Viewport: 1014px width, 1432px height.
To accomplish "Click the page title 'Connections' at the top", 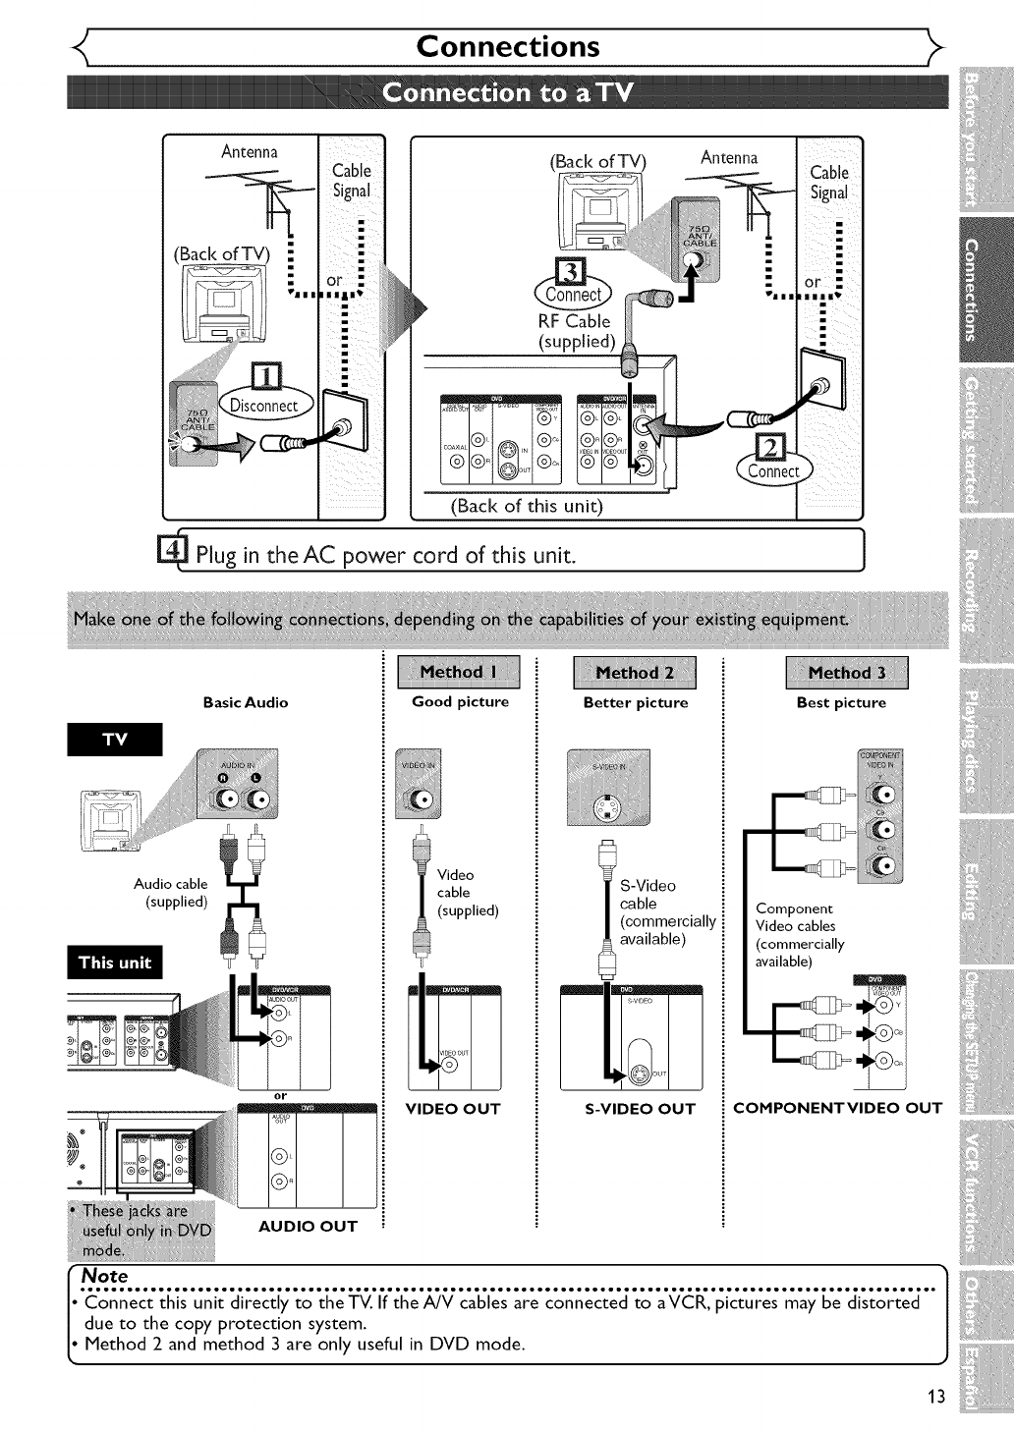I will pyautogui.click(x=507, y=47).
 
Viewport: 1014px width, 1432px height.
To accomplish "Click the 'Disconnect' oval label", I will pyautogui.click(x=263, y=406).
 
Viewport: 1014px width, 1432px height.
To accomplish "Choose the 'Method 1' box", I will pyautogui.click(x=458, y=673).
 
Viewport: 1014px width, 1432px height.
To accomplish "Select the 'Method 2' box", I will pyautogui.click(x=635, y=673).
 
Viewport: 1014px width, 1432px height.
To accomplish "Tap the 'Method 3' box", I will pyautogui.click(x=846, y=673).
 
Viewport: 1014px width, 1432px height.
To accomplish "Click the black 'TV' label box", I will pyautogui.click(x=115, y=741).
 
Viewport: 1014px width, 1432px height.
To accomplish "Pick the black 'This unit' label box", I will pyautogui.click(x=115, y=963).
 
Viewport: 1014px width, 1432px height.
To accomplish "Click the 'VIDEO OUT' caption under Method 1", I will pyautogui.click(x=453, y=1109).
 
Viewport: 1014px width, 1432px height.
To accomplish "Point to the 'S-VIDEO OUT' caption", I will pyautogui.click(x=640, y=1109).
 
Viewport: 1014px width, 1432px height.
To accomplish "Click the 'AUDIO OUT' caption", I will pyautogui.click(x=308, y=1226).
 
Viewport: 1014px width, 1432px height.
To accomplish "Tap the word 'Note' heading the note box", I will pyautogui.click(x=105, y=1275).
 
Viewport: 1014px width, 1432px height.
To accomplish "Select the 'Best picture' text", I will pyautogui.click(x=841, y=703).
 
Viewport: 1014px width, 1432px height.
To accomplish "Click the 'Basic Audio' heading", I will pyautogui.click(x=246, y=702).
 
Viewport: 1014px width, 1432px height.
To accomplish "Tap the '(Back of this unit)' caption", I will pyautogui.click(x=526, y=507).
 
